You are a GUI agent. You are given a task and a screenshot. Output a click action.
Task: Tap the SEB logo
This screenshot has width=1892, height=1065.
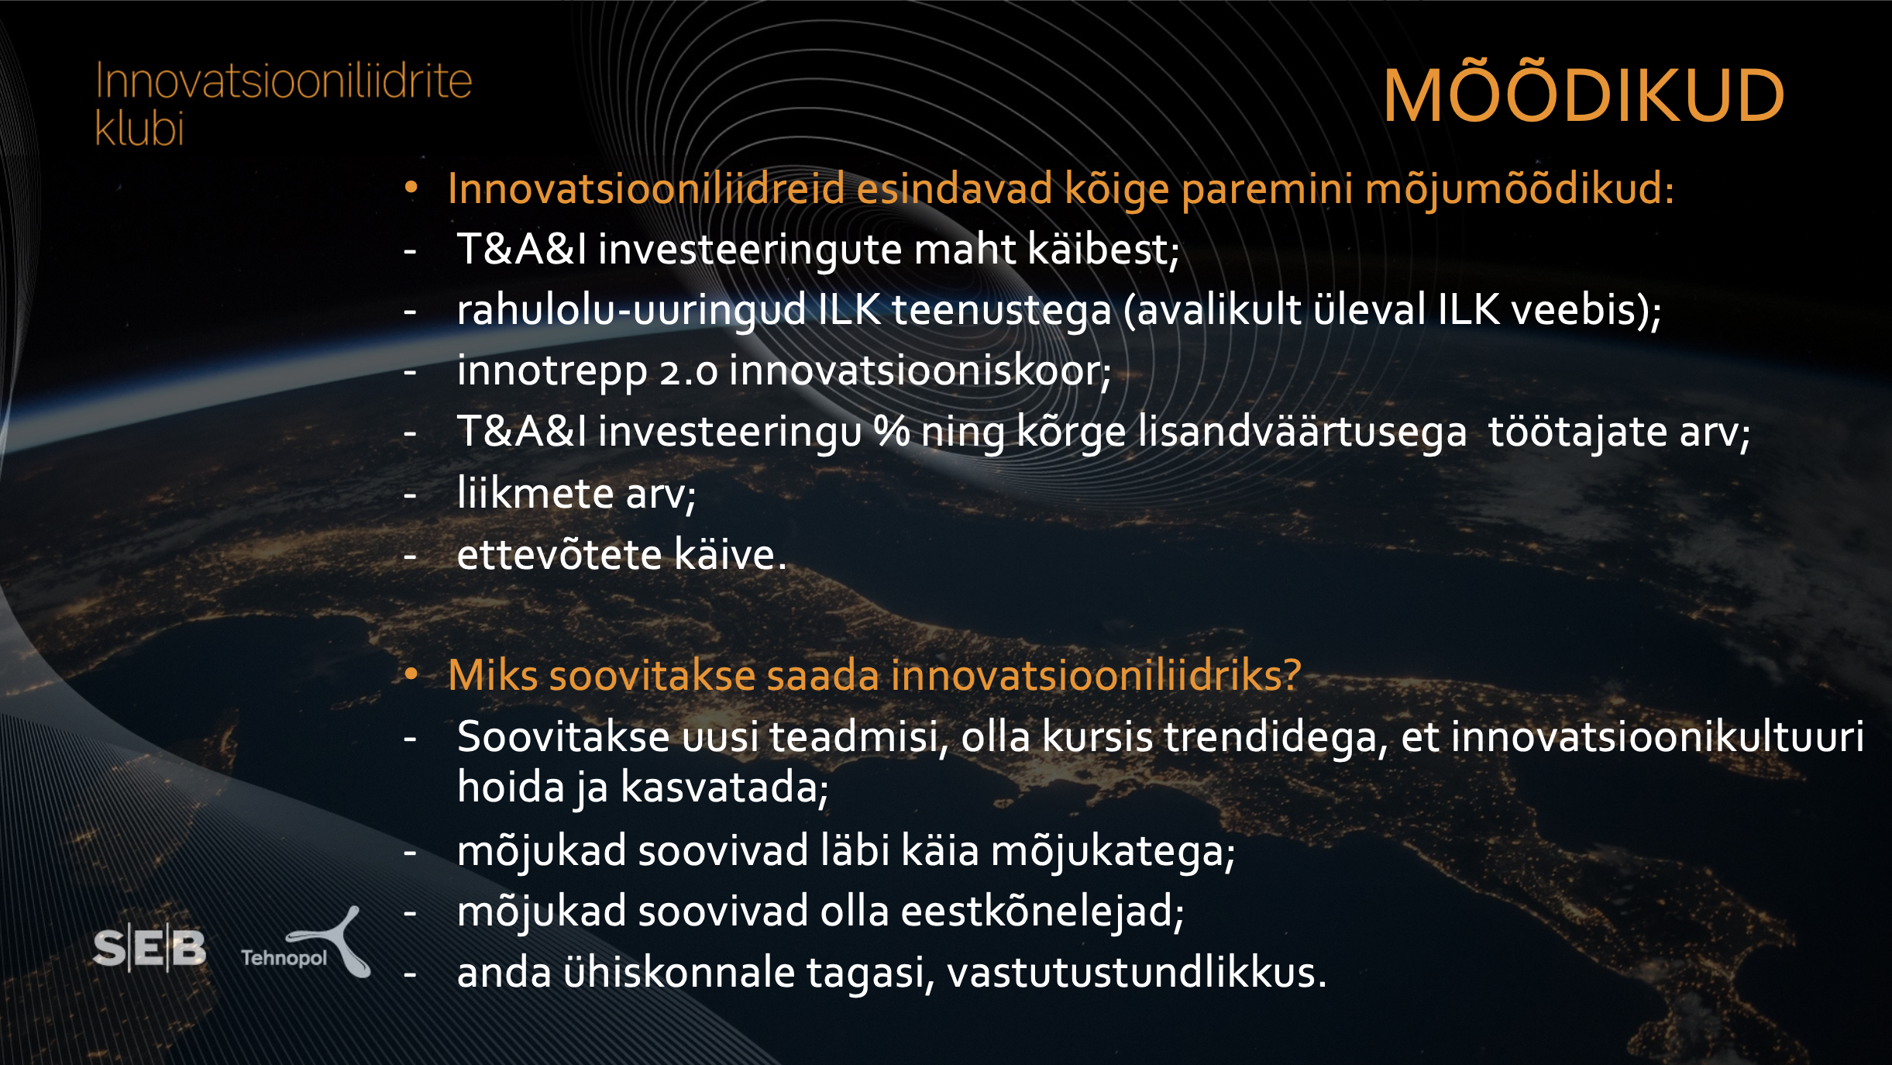150,948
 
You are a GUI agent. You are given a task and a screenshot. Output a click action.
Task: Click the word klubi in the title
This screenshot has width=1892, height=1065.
139,128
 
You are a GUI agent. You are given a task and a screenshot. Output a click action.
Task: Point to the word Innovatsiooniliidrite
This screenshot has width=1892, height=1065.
284,81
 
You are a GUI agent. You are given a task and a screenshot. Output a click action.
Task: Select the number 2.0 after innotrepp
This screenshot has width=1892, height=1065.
689,372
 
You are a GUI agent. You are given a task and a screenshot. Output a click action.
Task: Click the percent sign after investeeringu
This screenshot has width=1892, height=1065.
892,432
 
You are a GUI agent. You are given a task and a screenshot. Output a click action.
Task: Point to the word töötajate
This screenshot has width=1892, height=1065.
1577,433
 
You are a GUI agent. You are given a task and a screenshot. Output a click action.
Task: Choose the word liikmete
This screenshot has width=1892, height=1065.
535,493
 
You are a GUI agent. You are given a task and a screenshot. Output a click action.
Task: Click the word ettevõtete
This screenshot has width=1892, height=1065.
559,554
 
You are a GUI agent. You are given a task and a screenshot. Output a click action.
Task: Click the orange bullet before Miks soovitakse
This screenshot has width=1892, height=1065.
411,674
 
